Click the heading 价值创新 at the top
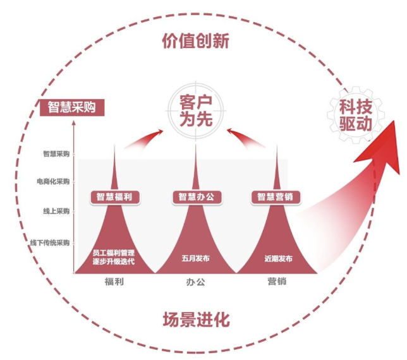[195, 42]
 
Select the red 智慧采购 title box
[71, 107]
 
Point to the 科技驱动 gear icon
[356, 114]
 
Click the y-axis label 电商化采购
[53, 182]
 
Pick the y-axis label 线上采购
[56, 211]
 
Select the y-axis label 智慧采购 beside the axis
[56, 153]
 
